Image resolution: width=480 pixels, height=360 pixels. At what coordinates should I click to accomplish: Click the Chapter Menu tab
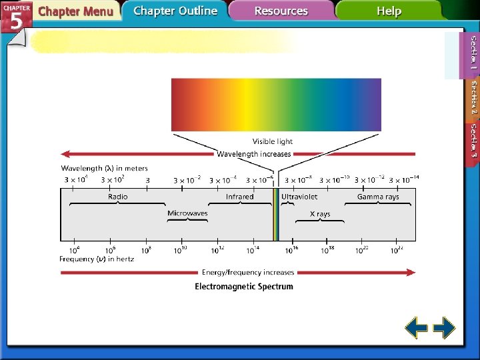(75, 11)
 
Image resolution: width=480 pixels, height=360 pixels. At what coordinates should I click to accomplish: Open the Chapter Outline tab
(175, 11)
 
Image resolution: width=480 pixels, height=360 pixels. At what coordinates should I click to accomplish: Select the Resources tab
(281, 11)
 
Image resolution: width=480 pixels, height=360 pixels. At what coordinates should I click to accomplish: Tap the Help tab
(389, 11)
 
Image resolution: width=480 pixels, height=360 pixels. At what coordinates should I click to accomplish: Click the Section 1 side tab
(473, 53)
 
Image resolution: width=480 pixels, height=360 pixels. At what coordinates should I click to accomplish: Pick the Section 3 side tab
(473, 140)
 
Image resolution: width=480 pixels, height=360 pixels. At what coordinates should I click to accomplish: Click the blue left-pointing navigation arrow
(417, 328)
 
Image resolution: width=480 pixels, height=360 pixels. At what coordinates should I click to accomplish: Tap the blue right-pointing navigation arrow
(444, 328)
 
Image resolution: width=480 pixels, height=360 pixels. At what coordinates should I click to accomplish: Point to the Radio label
(118, 197)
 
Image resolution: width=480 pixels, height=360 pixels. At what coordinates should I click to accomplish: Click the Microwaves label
(187, 214)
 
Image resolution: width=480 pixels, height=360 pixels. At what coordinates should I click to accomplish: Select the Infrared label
(239, 197)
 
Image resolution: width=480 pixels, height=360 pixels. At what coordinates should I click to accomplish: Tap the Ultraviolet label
(299, 197)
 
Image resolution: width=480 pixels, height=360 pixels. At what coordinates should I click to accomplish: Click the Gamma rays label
(378, 197)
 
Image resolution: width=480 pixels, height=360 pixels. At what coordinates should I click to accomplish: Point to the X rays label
(320, 214)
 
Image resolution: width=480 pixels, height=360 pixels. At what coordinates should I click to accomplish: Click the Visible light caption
(272, 141)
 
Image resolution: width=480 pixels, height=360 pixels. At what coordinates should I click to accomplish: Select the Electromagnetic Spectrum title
(244, 287)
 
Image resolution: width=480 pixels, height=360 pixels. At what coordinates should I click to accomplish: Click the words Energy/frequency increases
(248, 272)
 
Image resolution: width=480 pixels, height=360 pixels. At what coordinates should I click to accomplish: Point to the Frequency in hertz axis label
(97, 259)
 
